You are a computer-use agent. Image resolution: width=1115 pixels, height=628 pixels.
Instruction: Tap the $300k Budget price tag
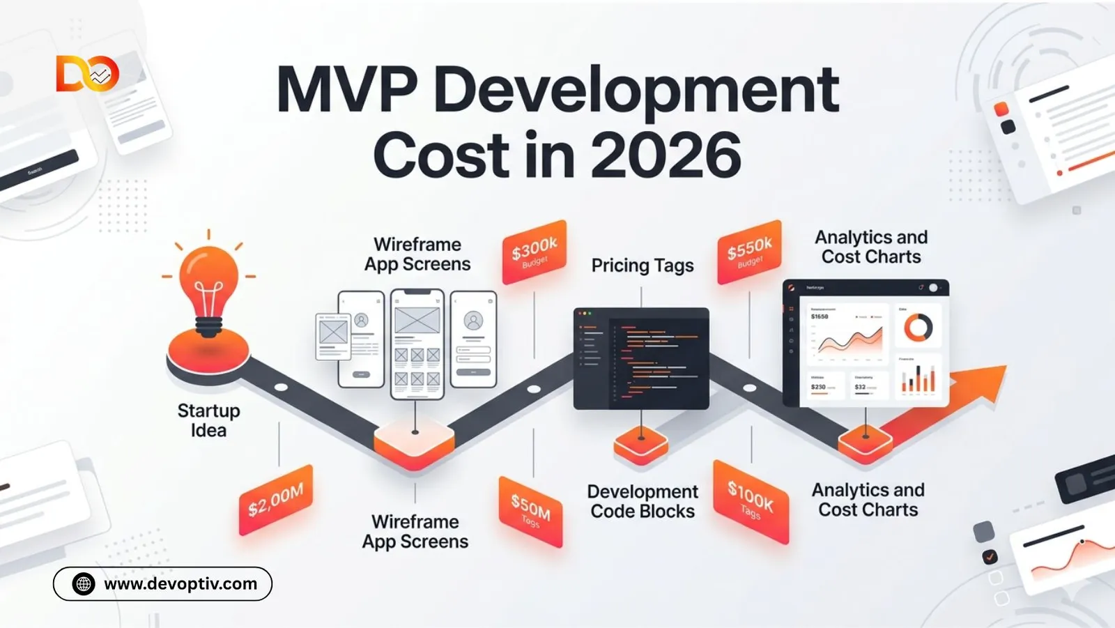(535, 252)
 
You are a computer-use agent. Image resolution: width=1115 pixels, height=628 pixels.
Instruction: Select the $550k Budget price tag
(750, 252)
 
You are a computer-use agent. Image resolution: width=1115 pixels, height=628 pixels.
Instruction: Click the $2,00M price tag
(276, 500)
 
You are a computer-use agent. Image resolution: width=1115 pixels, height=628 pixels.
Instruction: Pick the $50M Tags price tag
(530, 512)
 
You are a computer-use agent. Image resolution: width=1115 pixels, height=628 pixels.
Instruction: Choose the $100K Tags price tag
(751, 501)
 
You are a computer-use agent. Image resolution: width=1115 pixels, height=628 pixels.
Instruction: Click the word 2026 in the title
(666, 155)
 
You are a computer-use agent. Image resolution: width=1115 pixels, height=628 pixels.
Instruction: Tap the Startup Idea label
(208, 420)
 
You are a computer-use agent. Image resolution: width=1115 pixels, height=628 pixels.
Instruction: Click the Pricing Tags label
(643, 266)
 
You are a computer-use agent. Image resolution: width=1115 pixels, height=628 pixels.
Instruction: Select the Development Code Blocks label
(643, 501)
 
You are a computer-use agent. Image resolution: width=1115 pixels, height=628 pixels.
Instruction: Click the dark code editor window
(641, 358)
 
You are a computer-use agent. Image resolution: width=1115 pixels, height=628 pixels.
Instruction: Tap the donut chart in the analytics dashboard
(918, 328)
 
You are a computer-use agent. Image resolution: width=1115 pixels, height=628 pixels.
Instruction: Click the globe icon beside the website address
(84, 584)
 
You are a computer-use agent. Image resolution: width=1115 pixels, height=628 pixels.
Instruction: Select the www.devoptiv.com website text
(180, 584)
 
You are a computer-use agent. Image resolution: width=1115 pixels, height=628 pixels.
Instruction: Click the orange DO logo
(87, 74)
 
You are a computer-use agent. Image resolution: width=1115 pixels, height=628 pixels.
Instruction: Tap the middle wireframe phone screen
(417, 344)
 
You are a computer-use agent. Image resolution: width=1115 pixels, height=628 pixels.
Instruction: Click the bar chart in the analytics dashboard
(918, 378)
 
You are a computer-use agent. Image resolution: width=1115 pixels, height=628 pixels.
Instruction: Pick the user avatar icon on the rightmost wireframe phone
(473, 321)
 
